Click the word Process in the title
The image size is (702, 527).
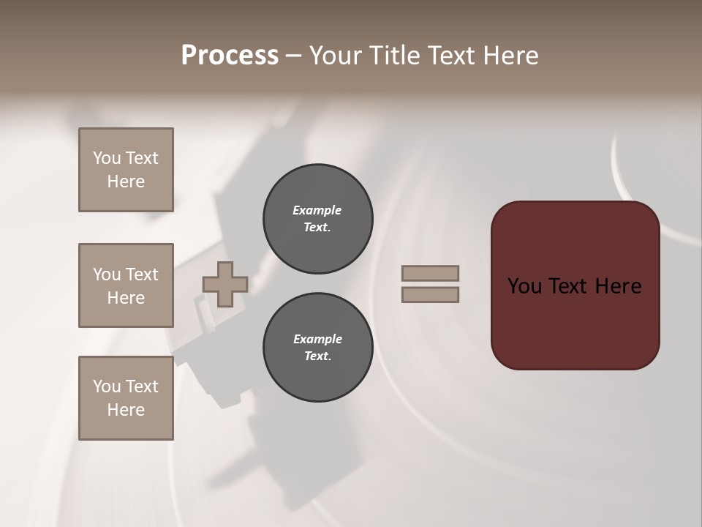point(230,56)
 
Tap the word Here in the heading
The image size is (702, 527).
point(509,56)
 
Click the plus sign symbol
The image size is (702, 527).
point(225,284)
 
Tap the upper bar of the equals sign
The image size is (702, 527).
point(430,273)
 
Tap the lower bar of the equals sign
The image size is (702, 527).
point(430,294)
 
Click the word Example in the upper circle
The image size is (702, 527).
point(317,210)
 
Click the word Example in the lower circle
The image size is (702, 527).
point(317,339)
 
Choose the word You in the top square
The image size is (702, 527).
point(106,158)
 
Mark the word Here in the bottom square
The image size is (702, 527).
point(126,410)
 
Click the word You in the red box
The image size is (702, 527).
point(524,286)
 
